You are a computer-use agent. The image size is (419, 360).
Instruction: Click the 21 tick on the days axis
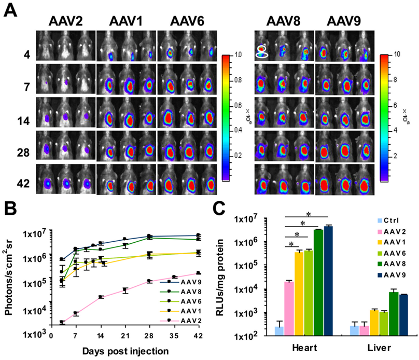124,336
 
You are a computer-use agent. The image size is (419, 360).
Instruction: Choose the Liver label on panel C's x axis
381,347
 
